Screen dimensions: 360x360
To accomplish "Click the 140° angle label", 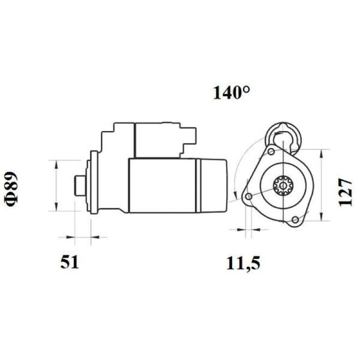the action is pos(231,93).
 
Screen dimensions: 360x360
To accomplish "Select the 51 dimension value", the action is pos(70,262).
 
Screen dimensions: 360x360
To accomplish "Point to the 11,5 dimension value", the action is pos(243,263).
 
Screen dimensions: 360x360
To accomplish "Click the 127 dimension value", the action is pos(345,192).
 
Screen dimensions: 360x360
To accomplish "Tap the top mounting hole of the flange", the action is pos(271,152).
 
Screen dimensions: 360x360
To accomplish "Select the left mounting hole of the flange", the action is pos(249,197).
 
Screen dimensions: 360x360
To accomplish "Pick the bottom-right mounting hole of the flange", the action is pos(296,220).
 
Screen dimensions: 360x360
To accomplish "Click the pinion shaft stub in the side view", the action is pos(80,185).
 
